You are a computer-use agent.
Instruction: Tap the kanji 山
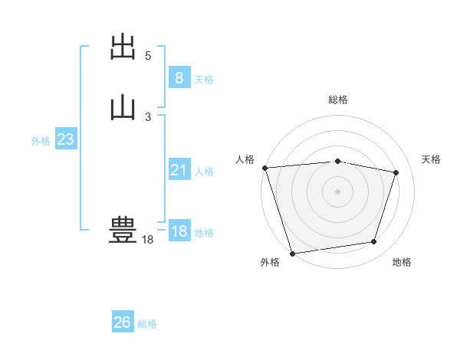coord(123,106)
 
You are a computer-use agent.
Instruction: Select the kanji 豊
coord(123,231)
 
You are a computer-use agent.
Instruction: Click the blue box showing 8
coord(179,78)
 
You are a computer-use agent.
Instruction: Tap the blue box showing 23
coord(65,140)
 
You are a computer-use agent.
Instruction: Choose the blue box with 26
coord(123,323)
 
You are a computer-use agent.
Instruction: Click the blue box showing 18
coord(179,231)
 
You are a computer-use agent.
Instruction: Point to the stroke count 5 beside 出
coord(148,56)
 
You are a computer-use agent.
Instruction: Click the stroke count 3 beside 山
coord(148,117)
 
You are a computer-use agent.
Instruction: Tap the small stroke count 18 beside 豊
coord(147,241)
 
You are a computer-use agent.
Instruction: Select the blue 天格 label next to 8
coord(204,80)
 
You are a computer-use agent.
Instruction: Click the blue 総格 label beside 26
coord(147,325)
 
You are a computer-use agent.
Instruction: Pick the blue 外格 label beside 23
coord(41,141)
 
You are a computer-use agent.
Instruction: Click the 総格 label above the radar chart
coord(337,100)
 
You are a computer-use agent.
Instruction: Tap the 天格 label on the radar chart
coord(432,159)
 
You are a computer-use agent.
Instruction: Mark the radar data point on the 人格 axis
coord(264,168)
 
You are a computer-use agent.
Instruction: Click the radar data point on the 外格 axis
coord(292,252)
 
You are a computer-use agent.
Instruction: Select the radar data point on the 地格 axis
coord(374,242)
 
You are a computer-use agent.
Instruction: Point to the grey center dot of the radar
coord(337,191)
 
